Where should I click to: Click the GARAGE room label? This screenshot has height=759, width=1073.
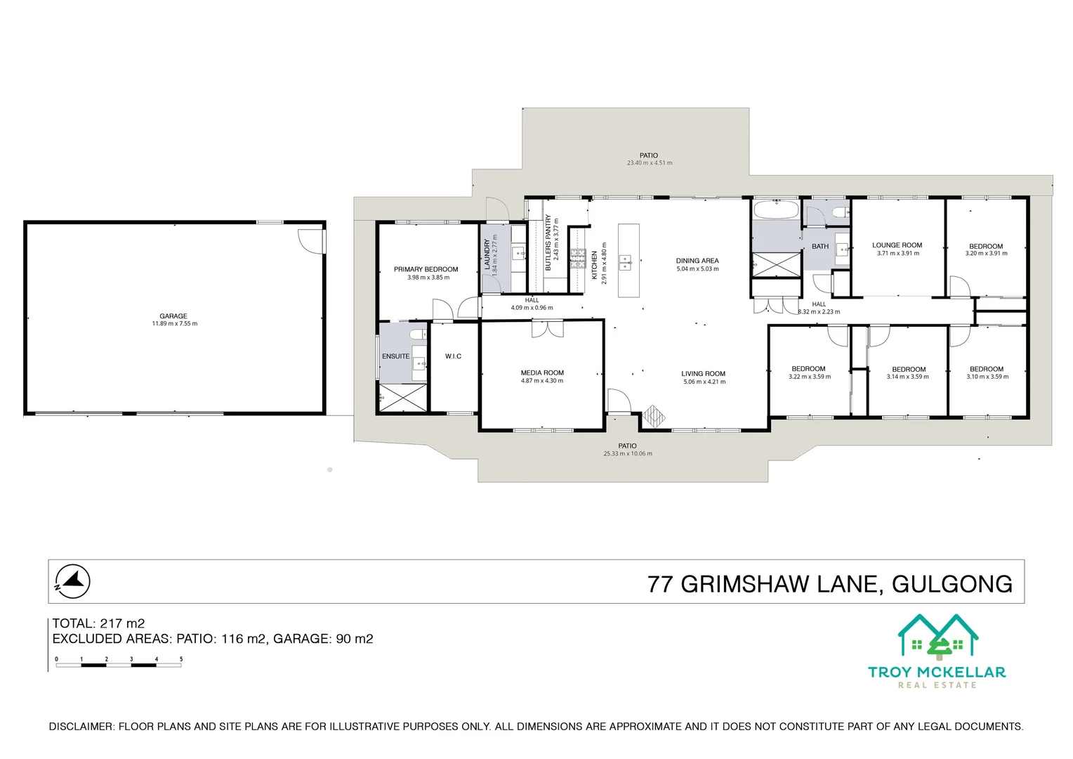point(173,316)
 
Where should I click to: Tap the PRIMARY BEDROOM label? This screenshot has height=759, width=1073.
point(426,269)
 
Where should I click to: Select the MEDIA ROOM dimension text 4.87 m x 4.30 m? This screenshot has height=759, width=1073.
point(542,381)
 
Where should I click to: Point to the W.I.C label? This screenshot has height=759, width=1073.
point(453,356)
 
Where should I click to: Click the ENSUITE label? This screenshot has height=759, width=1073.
point(395,356)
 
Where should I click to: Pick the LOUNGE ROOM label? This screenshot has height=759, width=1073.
point(897,245)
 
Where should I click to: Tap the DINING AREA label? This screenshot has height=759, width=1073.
point(697,261)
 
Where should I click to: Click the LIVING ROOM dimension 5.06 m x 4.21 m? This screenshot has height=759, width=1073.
point(704,382)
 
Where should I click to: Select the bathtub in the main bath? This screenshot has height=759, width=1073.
point(776,210)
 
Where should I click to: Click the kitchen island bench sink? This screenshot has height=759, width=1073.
point(625,261)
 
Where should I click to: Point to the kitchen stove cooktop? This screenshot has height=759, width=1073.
point(578,259)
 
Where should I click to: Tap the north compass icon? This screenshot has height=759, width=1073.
point(73,581)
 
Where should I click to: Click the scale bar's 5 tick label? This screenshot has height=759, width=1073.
point(181,659)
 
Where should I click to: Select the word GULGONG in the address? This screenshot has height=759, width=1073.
point(952,584)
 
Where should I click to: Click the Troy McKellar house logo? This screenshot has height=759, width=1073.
point(938,637)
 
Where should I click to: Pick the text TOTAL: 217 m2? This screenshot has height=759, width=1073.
point(98,623)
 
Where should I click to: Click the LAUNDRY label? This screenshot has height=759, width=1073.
point(487,254)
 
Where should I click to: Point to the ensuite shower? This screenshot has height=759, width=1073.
point(403,398)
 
